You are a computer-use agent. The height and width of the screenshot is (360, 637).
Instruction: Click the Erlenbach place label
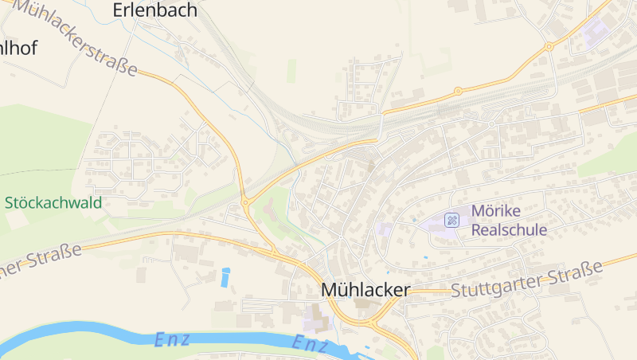coord(154,10)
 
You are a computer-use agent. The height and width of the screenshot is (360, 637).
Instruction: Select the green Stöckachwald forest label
coord(53,202)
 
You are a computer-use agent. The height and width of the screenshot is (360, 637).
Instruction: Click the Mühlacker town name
coord(365,290)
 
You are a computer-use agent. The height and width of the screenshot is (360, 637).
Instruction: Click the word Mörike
coord(495,211)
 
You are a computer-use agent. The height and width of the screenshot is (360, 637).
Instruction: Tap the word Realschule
coord(510,229)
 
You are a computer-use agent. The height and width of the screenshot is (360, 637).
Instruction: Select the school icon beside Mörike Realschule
coord(452,220)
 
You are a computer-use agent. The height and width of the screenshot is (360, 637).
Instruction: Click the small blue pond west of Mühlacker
coord(225,277)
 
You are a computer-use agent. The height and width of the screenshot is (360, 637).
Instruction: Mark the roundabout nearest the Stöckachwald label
coord(245,202)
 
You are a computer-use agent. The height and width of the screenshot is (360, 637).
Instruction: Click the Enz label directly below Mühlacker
coord(311,344)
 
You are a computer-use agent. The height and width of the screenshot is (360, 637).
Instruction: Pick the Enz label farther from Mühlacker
coord(171,338)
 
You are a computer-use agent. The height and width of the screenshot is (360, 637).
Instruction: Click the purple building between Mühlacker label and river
coord(315,320)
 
